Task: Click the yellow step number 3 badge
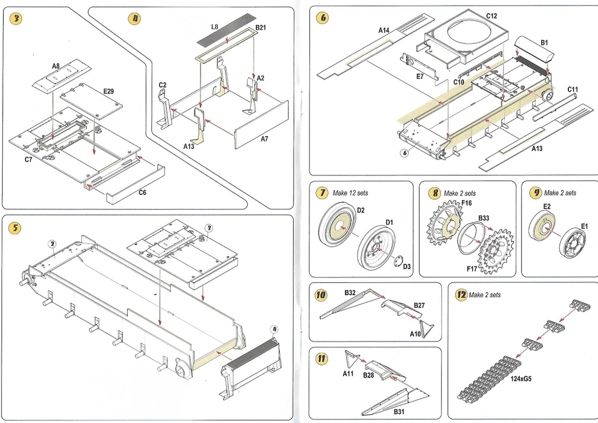[x=17, y=19]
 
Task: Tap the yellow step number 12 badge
[x=460, y=295]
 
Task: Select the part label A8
[x=56, y=66]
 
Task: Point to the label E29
[x=108, y=91]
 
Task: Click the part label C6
[x=142, y=192]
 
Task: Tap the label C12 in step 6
[x=491, y=16]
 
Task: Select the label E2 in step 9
[x=547, y=206]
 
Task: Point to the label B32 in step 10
[x=349, y=293]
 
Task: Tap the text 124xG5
[x=520, y=378]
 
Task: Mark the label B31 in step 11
[x=399, y=412]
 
